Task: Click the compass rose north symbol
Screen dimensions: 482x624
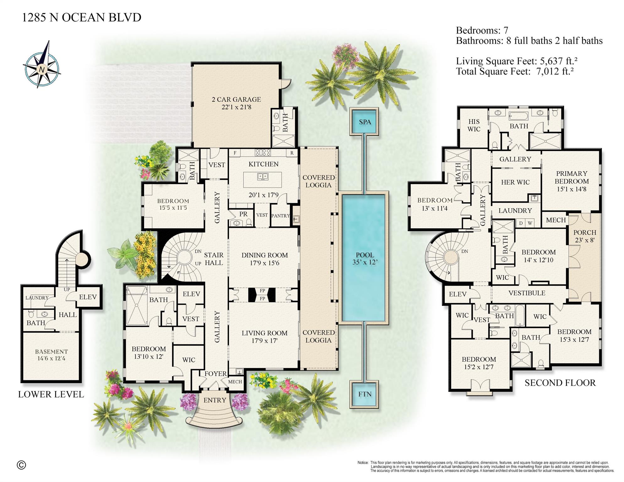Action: click(41, 69)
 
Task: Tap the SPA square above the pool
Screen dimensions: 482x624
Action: click(365, 122)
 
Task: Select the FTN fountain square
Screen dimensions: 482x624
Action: click(365, 394)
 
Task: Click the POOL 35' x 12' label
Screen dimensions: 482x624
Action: click(365, 258)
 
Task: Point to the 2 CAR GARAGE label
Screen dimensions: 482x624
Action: click(236, 103)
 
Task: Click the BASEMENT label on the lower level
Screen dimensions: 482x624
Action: click(51, 355)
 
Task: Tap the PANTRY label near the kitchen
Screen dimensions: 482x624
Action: click(280, 216)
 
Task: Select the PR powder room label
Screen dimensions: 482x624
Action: click(243, 214)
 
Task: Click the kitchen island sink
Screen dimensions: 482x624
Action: click(263, 176)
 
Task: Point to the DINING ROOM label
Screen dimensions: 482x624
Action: click(264, 259)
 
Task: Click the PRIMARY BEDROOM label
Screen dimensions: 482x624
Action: click(571, 181)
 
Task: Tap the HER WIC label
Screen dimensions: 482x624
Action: click(515, 182)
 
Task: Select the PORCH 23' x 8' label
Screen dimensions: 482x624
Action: click(584, 236)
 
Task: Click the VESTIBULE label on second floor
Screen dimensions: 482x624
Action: click(527, 293)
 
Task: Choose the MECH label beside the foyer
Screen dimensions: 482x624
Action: click(235, 382)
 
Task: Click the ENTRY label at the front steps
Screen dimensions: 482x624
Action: click(215, 400)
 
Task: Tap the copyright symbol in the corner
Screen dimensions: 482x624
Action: click(21, 465)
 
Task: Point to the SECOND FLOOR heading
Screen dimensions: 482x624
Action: click(560, 383)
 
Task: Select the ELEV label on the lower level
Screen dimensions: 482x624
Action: click(88, 297)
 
